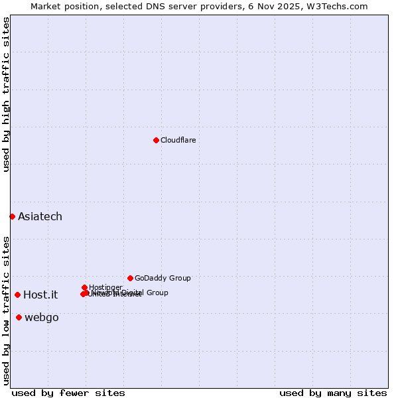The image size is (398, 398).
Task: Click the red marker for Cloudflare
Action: (x=156, y=140)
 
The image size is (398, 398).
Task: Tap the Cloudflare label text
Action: (x=178, y=140)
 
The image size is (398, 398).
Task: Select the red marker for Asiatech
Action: (x=12, y=216)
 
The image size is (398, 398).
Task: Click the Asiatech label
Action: (x=40, y=216)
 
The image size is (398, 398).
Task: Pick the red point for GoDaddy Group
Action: (x=130, y=278)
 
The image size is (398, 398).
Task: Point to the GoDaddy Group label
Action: (x=163, y=278)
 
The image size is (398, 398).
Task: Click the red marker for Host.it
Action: (x=17, y=295)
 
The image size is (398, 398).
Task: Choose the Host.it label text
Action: (x=40, y=295)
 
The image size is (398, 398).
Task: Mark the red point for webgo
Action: (x=19, y=317)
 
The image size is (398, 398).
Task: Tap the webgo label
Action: (x=42, y=317)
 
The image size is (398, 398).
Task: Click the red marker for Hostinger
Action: (x=84, y=287)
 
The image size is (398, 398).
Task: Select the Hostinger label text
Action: (x=105, y=287)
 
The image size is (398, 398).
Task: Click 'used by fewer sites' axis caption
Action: (x=68, y=393)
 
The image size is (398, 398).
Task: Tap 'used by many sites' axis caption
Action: (x=333, y=393)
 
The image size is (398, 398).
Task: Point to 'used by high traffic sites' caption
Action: (x=7, y=95)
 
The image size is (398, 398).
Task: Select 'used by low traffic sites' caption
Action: (x=7, y=310)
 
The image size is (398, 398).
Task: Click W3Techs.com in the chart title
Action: (x=340, y=6)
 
